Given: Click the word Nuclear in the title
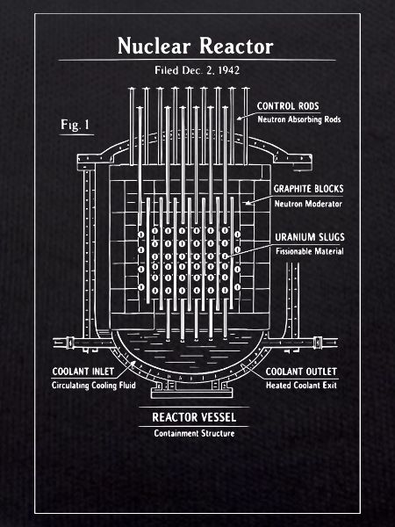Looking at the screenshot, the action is point(154,46).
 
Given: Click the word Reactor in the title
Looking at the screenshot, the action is point(236,46).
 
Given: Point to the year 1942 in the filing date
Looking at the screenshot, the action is point(229,70).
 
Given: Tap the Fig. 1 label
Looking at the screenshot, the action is point(75,125).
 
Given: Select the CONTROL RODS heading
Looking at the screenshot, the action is point(288,106).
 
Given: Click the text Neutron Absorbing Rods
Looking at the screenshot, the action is point(299,119).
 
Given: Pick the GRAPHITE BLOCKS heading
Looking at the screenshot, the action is point(309,189).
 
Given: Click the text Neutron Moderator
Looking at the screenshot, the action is point(308,204).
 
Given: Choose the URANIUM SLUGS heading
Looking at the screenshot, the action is point(310,237).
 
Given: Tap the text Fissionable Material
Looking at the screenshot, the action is point(310,251).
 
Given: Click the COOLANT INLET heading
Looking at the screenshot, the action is point(83,372).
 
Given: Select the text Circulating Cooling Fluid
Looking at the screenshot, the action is point(94,386).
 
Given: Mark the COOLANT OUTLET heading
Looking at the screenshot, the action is point(301,372).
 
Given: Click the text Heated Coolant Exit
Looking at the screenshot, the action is point(301,386).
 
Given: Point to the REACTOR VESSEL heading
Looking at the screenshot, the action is point(194,417).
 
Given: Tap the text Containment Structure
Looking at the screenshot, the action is point(194,433).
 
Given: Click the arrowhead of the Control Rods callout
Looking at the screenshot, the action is point(239,119).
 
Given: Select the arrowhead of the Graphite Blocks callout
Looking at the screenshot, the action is point(248,203).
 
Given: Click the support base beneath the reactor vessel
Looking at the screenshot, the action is point(191,393).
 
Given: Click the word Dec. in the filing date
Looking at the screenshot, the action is point(192,70).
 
